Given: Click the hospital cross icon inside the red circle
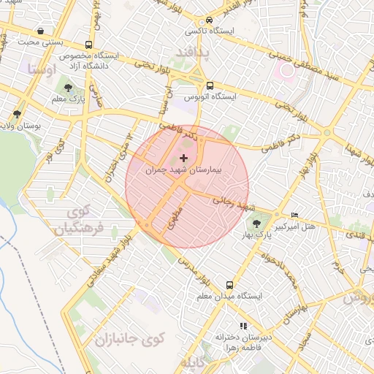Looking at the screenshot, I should click(x=183, y=158).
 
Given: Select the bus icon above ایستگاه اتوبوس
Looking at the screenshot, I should click(x=210, y=85).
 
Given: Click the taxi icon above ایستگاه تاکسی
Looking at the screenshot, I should click(x=210, y=20).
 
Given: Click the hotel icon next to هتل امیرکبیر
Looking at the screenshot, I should click(x=294, y=215).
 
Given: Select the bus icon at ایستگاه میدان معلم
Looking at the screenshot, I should click(x=229, y=285).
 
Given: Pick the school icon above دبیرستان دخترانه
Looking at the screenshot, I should click(x=243, y=326).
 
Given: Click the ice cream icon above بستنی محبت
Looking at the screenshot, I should click(x=38, y=31).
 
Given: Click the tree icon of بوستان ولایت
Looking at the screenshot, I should click(x=17, y=115).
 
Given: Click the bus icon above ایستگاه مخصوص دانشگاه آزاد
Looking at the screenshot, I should click(x=88, y=45).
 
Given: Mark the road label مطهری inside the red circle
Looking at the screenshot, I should click(x=173, y=216).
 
